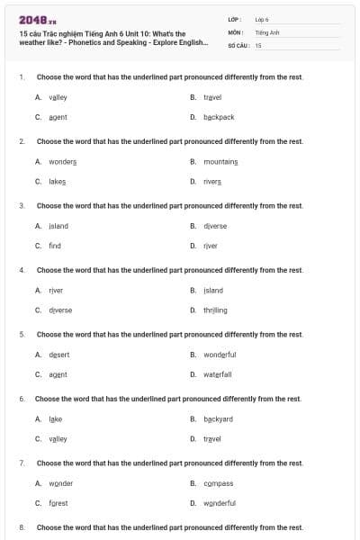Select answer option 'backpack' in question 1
click(219, 117)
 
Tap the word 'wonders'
click(62, 162)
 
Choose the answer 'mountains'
click(220, 162)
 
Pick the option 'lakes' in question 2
click(57, 182)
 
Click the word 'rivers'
click(212, 182)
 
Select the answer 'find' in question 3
click(55, 246)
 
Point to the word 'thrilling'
click(215, 310)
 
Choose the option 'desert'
click(58, 355)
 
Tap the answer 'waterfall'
click(218, 374)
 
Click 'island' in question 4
click(213, 291)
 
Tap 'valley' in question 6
click(58, 438)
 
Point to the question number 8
click(22, 527)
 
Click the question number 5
click(22, 334)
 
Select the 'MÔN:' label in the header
click(237, 31)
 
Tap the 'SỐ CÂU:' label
click(238, 45)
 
